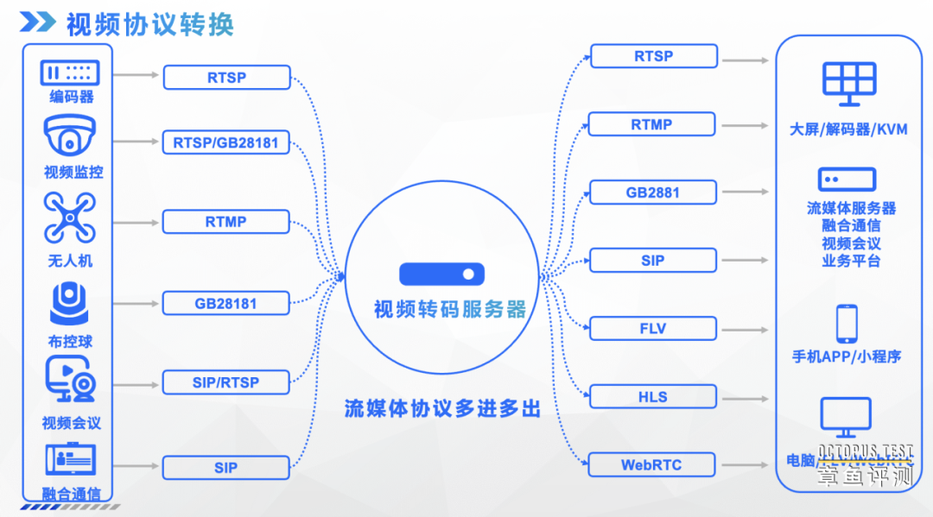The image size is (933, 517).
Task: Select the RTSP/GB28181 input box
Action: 226,142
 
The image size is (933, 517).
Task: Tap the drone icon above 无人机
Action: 69,218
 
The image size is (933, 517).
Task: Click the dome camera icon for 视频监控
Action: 69,137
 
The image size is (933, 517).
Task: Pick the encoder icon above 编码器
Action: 69,73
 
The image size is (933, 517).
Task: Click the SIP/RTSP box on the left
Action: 226,381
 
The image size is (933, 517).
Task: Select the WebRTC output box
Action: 652,465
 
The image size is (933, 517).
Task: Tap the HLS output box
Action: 652,397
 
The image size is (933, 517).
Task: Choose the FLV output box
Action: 652,329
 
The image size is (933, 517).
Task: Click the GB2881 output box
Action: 652,192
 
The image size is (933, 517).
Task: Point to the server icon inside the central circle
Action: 441,274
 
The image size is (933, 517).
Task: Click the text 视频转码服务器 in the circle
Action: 449,309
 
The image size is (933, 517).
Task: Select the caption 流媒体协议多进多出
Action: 442,408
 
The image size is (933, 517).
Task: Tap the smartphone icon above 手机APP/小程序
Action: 846,324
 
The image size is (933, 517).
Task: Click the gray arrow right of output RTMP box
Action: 745,125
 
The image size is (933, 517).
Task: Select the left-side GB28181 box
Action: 226,304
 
